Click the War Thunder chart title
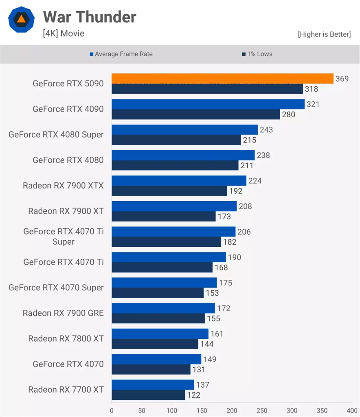[x=90, y=17]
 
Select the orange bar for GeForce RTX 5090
[x=222, y=79]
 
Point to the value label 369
[x=342, y=79]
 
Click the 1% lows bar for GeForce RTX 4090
[x=195, y=114]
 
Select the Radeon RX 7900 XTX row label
[x=63, y=186]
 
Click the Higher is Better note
[x=324, y=34]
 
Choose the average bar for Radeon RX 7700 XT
[x=153, y=385]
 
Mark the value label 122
[x=194, y=395]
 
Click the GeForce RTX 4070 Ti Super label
[x=63, y=237]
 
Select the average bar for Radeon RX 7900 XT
[x=174, y=206]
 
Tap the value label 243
[x=266, y=130]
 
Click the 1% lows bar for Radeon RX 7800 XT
[x=155, y=344]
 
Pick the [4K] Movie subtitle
[x=64, y=33]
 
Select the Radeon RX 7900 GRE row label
[x=63, y=313]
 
